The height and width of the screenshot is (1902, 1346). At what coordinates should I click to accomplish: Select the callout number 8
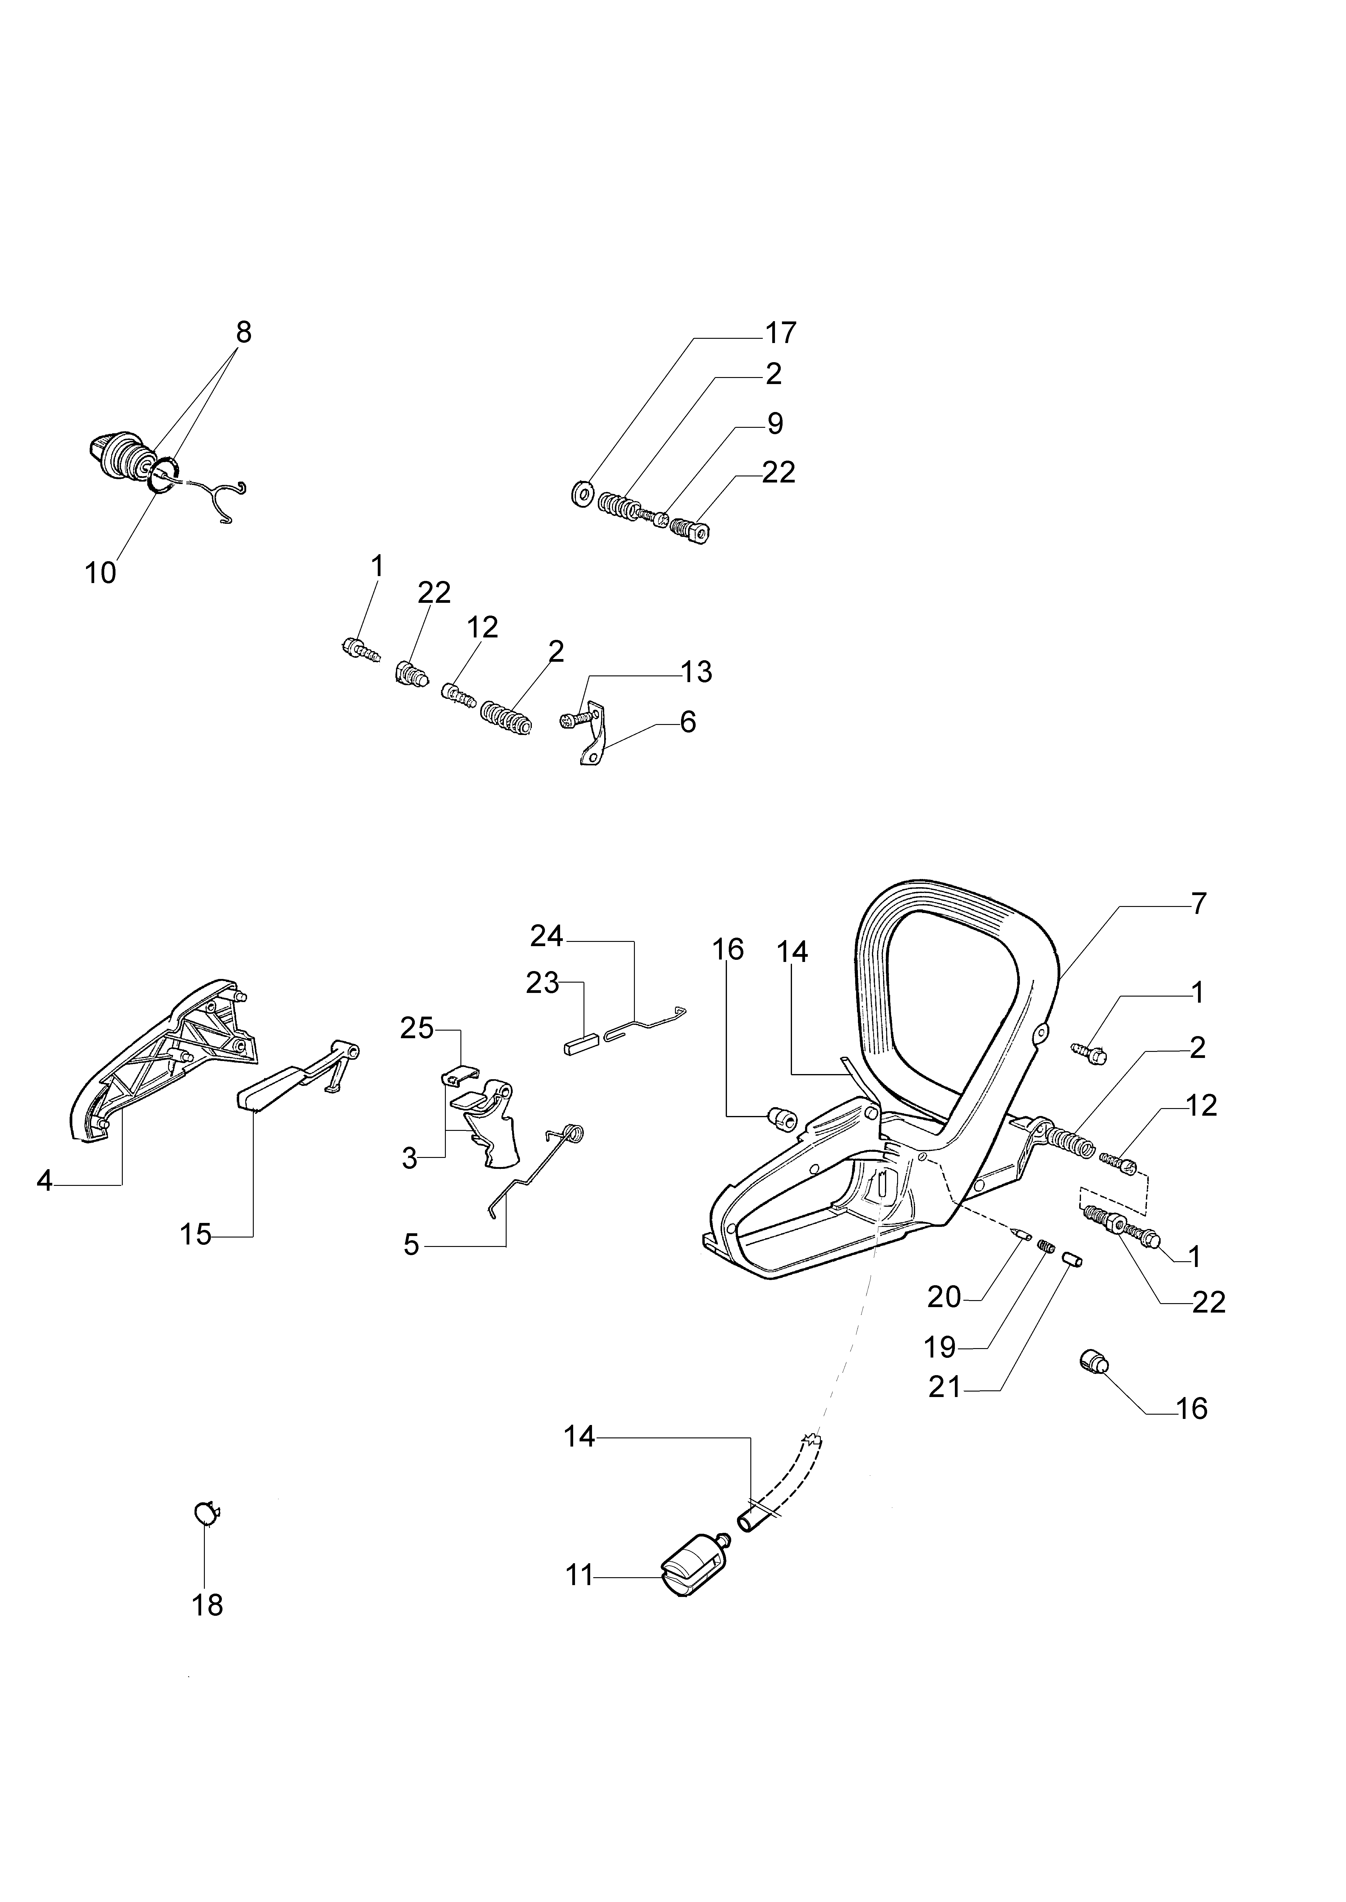point(243,332)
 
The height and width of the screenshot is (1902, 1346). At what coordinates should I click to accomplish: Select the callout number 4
point(45,1180)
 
